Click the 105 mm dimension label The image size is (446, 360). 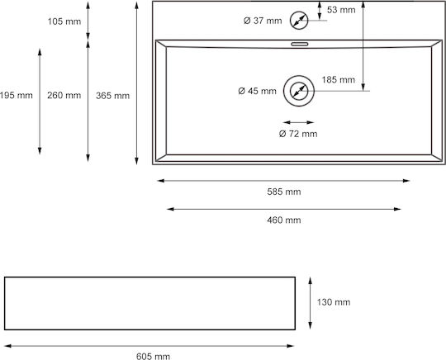click(x=64, y=21)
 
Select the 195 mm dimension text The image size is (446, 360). click(x=17, y=95)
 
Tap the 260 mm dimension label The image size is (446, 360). click(x=64, y=95)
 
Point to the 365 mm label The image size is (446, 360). click(x=112, y=96)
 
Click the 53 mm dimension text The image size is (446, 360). click(x=341, y=10)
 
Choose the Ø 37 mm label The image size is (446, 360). click(x=263, y=21)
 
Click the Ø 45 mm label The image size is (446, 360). click(x=257, y=91)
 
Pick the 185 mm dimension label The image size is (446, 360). click(x=339, y=79)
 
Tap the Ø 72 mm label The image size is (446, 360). click(x=298, y=134)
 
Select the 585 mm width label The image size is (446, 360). click(x=284, y=192)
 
